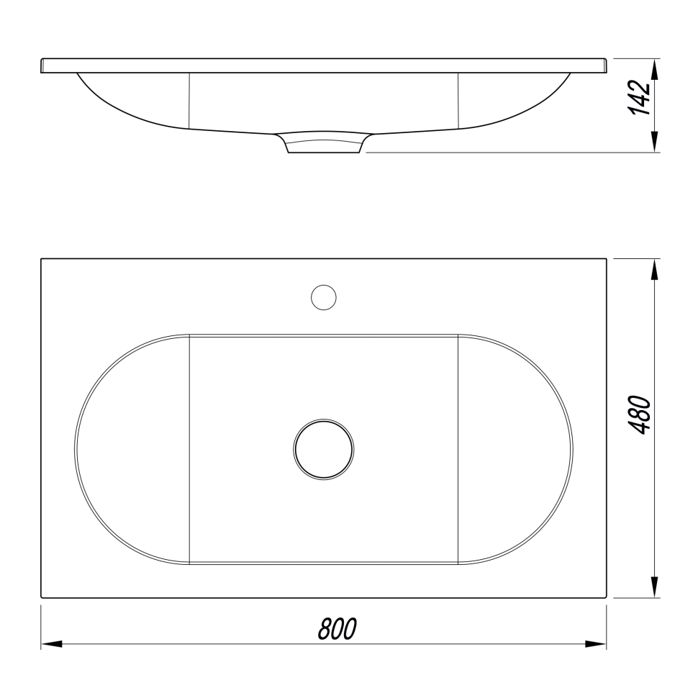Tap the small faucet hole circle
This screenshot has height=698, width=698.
324,297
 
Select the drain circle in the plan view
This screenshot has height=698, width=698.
324,449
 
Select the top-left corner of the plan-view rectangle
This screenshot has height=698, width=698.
41,258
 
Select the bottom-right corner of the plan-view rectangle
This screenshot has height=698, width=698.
607,597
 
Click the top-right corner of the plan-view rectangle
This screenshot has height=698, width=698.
607,258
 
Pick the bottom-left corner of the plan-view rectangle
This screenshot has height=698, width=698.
41,597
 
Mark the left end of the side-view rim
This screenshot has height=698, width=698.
42,66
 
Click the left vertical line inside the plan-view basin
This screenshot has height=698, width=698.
189,449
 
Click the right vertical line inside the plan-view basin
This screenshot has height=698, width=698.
458,449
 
